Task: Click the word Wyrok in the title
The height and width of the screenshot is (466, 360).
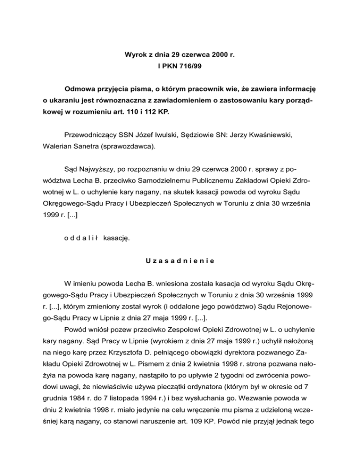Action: pyautogui.click(x=134, y=55)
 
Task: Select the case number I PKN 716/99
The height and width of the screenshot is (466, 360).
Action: pyautogui.click(x=180, y=67)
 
